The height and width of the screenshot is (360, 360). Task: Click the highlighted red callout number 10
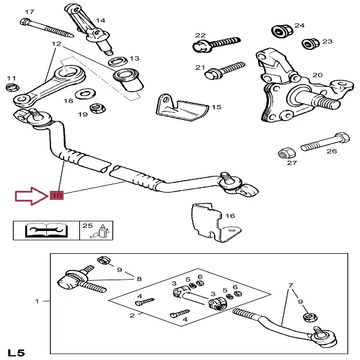[x=57, y=195]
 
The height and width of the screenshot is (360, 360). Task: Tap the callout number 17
[x=29, y=11]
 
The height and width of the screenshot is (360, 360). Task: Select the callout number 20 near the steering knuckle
[x=317, y=75]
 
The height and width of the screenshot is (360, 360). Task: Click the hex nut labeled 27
[x=285, y=151]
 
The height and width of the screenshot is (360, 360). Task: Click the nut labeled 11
[x=10, y=88]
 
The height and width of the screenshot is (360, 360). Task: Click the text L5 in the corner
[x=17, y=352]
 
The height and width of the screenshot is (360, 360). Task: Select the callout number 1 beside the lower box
[x=38, y=301]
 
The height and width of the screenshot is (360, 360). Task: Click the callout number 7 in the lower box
[x=290, y=286]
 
